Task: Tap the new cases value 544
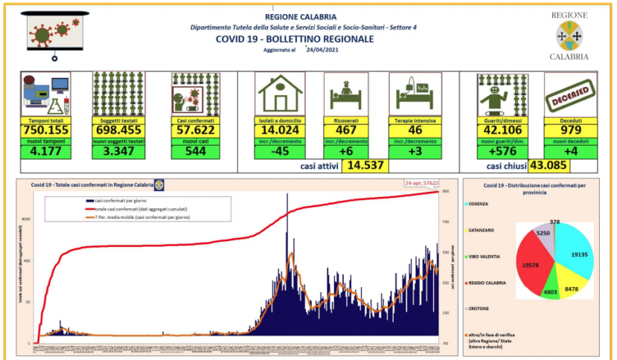pos(192,152)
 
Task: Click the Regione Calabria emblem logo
pos(569,34)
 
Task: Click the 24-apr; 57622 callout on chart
pos(419,182)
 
